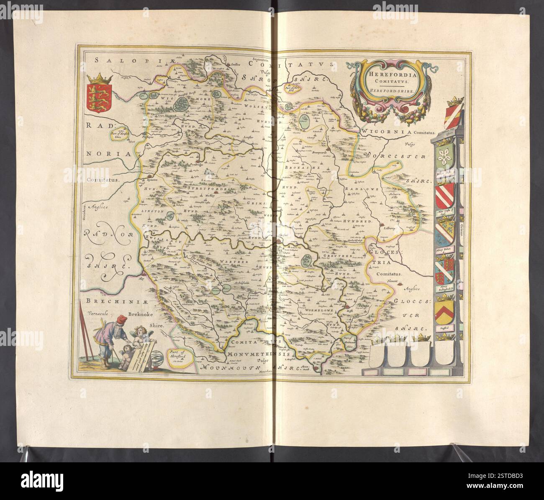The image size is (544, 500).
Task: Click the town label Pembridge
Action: point(203,165)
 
